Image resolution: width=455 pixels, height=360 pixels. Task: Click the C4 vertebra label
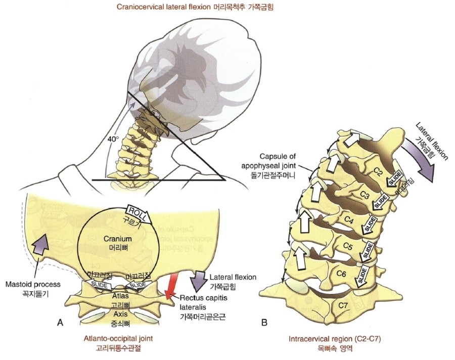(348, 220)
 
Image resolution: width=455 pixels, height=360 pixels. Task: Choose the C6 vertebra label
(342, 274)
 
